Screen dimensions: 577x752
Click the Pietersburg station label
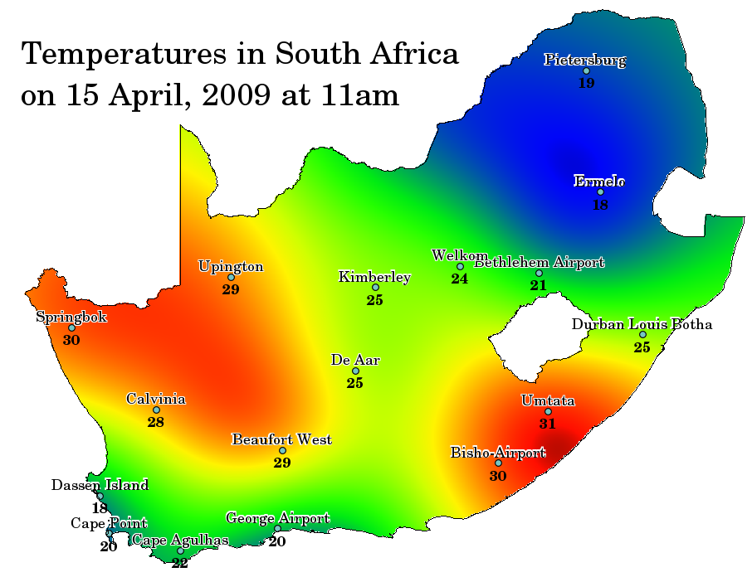(585, 59)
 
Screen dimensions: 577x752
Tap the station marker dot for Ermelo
(600, 192)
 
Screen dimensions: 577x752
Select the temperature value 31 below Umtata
(547, 424)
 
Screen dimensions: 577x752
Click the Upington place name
(231, 266)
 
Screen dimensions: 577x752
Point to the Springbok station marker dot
(71, 328)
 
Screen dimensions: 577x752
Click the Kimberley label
(374, 277)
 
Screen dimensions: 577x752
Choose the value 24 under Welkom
(459, 279)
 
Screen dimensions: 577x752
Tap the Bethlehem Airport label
(540, 262)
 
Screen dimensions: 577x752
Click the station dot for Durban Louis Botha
(642, 335)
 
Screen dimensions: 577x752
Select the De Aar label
(355, 360)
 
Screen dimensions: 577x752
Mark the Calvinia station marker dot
(156, 410)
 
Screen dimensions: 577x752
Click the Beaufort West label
(281, 439)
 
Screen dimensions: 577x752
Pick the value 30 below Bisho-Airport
(497, 476)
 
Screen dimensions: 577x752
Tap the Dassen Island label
(100, 485)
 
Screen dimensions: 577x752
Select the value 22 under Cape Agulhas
(180, 563)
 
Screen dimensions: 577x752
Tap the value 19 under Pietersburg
(586, 83)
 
